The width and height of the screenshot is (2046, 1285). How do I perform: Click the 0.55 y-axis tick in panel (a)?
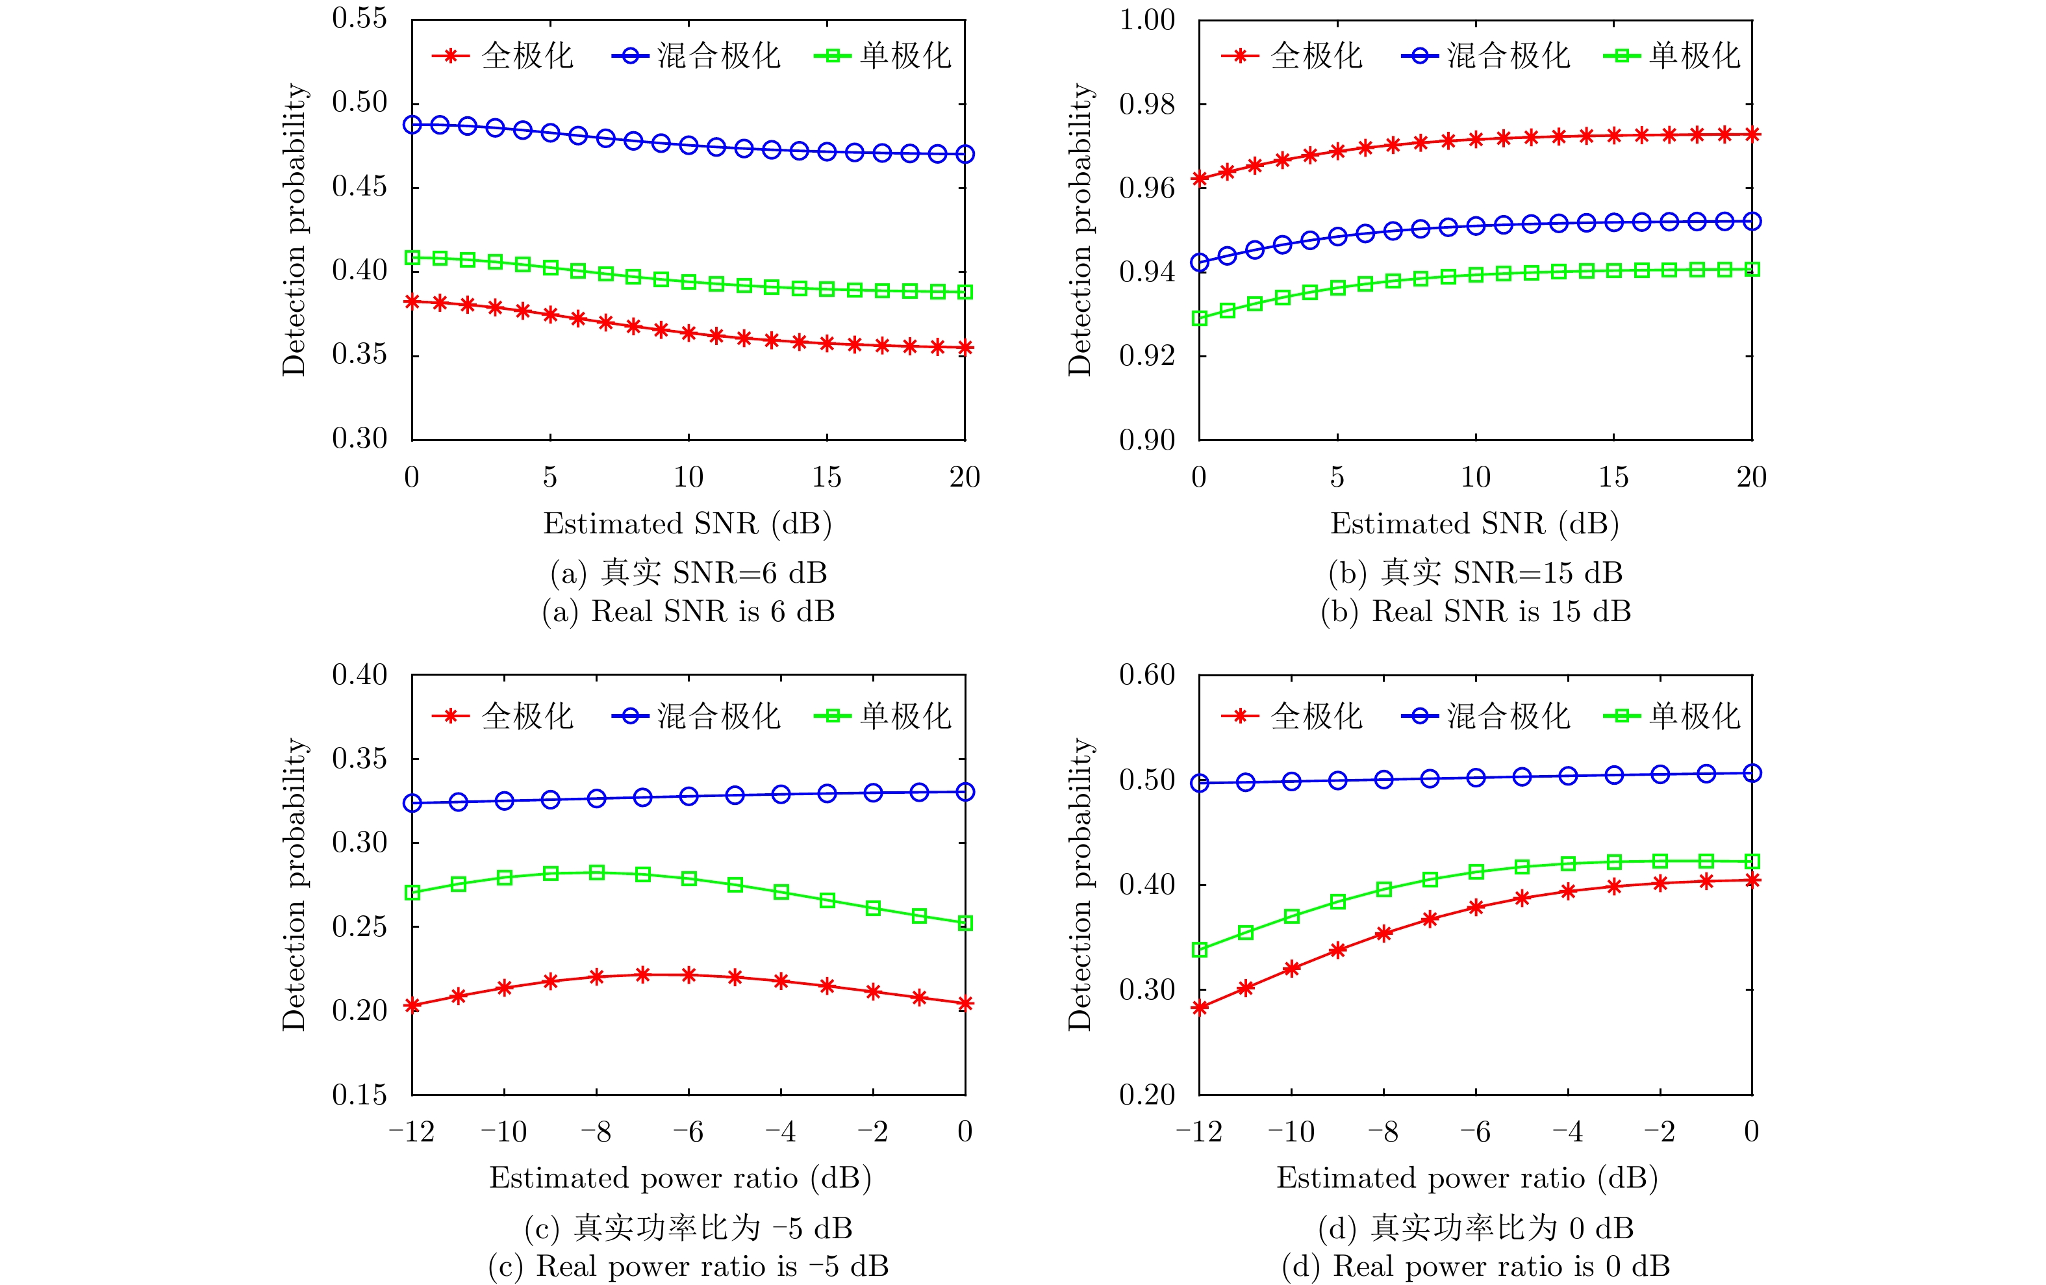click(x=359, y=19)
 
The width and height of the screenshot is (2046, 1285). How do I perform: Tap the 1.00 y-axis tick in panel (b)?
click(x=1146, y=20)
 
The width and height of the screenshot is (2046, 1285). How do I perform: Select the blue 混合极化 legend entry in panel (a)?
click(x=697, y=56)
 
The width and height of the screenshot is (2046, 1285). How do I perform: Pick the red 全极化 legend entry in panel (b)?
click(x=1293, y=56)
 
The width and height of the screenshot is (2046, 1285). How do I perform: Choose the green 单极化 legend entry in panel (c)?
click(x=883, y=716)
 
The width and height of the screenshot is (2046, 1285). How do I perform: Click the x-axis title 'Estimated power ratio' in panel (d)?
click(x=1467, y=1178)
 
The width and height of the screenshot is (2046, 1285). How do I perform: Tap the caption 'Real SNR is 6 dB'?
click(x=688, y=611)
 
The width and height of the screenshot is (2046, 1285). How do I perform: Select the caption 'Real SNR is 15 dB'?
click(x=1476, y=611)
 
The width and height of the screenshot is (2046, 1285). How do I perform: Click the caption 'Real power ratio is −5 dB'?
click(x=688, y=1266)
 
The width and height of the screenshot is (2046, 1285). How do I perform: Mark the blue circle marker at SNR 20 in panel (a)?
click(x=965, y=154)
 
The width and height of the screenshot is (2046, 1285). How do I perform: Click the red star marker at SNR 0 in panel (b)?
click(x=1200, y=179)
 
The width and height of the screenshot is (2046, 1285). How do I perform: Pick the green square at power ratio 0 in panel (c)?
click(x=965, y=923)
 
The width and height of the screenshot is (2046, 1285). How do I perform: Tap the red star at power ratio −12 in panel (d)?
click(x=1200, y=1008)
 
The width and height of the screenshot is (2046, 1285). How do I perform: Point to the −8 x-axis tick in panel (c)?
click(x=596, y=1132)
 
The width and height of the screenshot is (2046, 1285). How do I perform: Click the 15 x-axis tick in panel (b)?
click(x=1613, y=477)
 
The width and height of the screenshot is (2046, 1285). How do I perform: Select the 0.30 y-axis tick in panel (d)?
click(x=1146, y=989)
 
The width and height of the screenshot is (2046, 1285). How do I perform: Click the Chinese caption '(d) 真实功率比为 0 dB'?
click(x=1476, y=1227)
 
